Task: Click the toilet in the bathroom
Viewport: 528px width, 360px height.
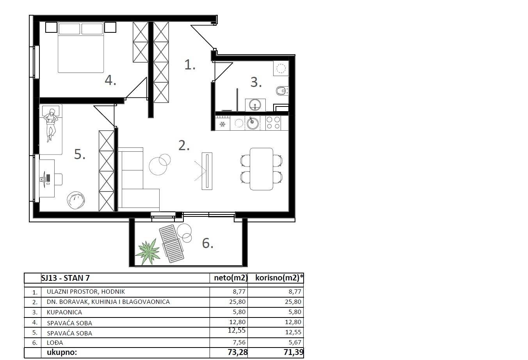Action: [x=281, y=91]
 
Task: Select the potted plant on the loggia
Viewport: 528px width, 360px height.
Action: [x=148, y=251]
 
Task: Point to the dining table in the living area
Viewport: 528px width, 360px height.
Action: [x=261, y=168]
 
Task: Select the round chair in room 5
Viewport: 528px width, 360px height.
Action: [x=76, y=200]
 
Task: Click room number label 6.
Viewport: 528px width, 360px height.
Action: [x=207, y=243]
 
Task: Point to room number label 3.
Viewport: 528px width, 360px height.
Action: [x=256, y=82]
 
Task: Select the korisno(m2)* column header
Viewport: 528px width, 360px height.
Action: [x=279, y=278]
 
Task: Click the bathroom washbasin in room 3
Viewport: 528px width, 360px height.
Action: [x=255, y=105]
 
